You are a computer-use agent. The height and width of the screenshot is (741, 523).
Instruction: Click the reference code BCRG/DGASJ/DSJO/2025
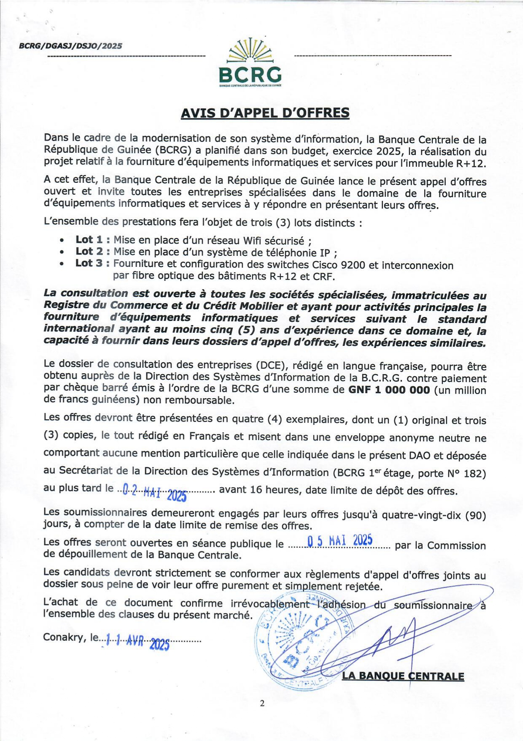coord(70,46)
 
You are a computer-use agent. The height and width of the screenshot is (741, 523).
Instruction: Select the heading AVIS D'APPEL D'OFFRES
coord(265,113)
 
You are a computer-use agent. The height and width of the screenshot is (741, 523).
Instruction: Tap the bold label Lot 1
coord(89,240)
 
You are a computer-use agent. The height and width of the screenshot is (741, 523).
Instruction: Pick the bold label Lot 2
coord(89,252)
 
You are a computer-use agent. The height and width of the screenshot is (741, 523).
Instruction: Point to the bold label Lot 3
coord(89,263)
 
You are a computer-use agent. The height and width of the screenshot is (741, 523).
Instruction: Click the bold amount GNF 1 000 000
coord(389,390)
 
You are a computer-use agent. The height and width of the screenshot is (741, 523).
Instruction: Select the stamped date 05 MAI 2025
coord(340,541)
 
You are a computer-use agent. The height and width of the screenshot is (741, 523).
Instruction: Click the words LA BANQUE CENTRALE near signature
coord(403,676)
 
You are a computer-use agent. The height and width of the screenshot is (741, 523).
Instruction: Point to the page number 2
coord(262,703)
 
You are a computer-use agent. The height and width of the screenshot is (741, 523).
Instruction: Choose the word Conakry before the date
coord(65,637)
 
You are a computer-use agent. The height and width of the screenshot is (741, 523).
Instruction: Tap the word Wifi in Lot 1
coord(252,241)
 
